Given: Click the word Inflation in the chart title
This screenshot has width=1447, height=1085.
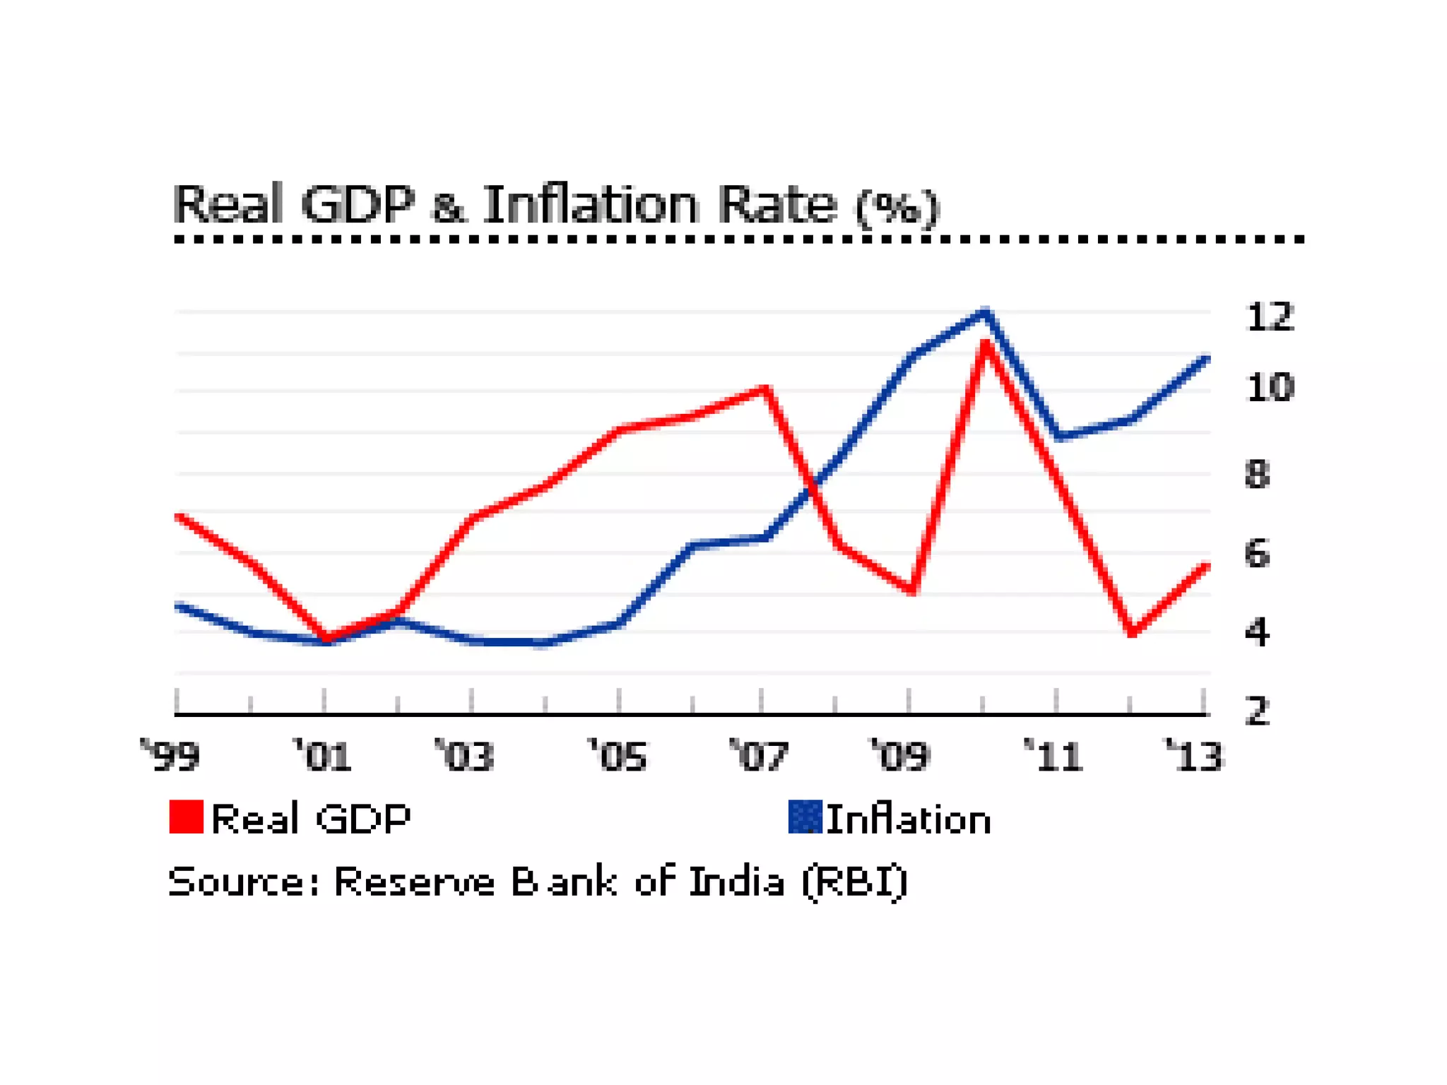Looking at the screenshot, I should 591,205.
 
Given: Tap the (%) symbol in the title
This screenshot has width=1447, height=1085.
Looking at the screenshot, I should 897,208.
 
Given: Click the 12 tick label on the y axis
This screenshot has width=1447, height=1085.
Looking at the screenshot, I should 1270,317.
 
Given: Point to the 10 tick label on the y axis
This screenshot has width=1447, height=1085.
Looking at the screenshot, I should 1270,388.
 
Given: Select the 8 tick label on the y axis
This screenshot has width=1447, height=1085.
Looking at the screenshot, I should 1257,474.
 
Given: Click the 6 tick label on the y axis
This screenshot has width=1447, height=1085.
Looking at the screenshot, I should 1257,554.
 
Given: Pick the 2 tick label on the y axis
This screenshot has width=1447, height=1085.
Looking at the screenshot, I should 1257,711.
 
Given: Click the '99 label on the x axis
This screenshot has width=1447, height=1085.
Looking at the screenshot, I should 171,756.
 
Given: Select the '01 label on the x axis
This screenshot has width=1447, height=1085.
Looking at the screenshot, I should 322,756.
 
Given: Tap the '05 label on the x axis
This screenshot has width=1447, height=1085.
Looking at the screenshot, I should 618,756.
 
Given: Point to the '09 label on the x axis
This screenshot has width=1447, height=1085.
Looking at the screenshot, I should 899,756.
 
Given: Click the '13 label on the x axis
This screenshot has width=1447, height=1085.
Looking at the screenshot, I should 1193,756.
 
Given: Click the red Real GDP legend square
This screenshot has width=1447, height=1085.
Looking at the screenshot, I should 187,817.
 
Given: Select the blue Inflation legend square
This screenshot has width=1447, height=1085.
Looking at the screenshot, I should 805,817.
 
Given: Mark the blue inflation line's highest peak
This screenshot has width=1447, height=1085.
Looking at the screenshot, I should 986,312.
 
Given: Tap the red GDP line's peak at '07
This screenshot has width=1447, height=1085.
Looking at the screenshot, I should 764,389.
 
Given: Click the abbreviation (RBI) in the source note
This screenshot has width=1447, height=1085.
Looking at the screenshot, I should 855,882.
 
